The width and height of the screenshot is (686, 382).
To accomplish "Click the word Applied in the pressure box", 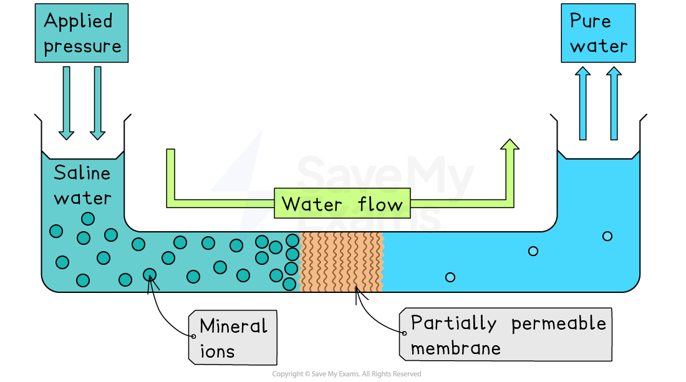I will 78,21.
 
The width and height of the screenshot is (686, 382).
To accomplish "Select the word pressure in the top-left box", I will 82,46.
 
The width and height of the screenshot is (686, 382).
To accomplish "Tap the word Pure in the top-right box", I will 590,21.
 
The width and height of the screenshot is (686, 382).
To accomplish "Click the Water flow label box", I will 342,204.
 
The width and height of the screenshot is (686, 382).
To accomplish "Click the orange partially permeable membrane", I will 341,262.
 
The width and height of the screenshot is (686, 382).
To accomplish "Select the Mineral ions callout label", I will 233,338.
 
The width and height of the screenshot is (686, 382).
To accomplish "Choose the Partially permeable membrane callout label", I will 505,335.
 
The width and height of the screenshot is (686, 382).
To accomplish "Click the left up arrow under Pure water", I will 582,103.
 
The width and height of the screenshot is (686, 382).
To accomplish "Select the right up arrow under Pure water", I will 614,103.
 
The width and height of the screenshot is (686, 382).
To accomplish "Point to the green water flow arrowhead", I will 510,145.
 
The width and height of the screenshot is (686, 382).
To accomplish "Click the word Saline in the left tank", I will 82,173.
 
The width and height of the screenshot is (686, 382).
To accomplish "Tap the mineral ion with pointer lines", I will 150,274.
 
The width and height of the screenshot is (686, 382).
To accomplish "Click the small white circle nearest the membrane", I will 450,277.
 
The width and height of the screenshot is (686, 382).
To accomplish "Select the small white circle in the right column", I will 607,236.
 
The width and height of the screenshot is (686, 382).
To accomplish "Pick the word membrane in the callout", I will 455,348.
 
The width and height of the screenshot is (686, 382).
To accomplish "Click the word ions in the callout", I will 217,351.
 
